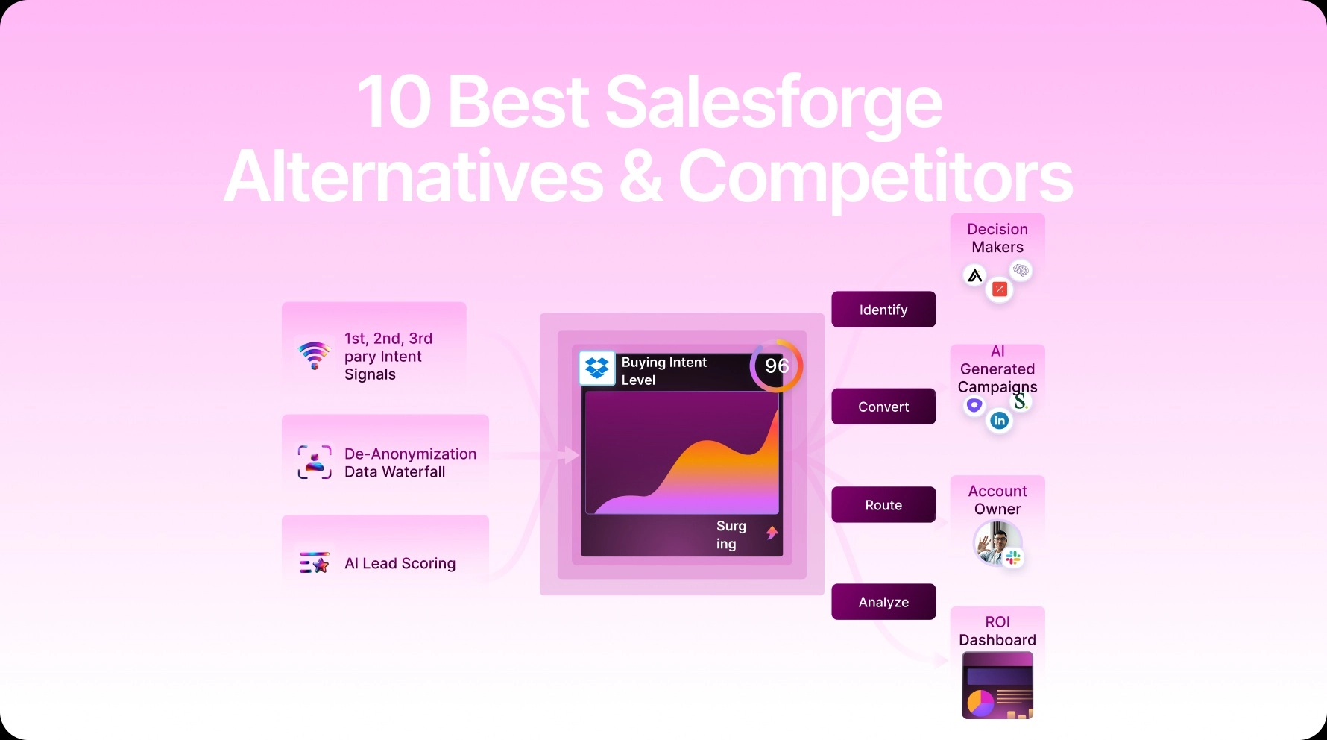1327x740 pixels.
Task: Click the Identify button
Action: click(883, 310)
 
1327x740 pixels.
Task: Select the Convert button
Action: click(883, 407)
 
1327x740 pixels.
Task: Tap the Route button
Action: click(883, 505)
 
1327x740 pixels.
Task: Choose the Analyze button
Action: click(883, 602)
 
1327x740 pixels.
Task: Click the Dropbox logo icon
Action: click(597, 368)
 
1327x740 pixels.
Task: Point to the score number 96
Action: click(777, 366)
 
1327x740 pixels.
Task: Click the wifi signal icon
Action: click(315, 355)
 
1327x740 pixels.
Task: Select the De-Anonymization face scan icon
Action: click(315, 462)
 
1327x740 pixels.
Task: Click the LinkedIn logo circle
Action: click(999, 421)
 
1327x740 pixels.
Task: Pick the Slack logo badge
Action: click(1012, 557)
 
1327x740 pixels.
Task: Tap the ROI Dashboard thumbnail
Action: click(997, 686)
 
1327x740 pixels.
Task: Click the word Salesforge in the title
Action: click(773, 102)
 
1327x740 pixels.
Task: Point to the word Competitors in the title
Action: click(875, 177)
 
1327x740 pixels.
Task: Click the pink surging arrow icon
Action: click(772, 533)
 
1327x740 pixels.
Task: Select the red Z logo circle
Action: click(1000, 289)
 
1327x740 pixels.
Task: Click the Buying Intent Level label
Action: click(663, 371)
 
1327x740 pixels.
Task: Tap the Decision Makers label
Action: click(997, 238)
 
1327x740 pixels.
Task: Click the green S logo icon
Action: click(1020, 401)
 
